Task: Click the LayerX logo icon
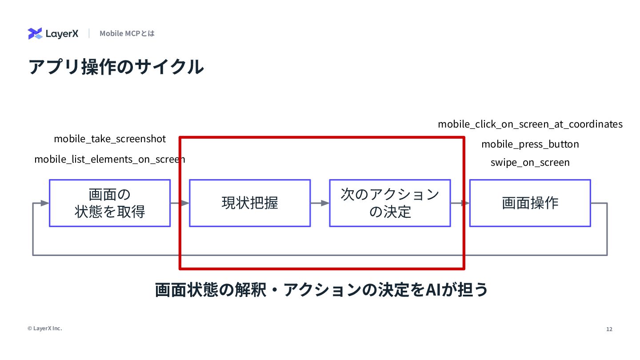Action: (35, 33)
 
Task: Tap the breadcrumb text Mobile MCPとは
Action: (127, 33)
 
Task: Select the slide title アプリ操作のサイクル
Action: (116, 67)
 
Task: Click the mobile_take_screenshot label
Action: (110, 139)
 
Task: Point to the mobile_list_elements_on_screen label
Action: (110, 159)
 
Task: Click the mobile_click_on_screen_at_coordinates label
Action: (530, 124)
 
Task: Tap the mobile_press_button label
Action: (530, 144)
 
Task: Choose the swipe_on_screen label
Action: (530, 162)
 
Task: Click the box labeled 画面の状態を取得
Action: (110, 203)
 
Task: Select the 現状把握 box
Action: (250, 203)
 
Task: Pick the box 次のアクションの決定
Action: (390, 203)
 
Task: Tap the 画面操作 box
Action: (530, 203)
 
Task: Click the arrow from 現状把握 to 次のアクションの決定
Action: (320, 203)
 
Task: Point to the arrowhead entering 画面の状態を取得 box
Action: (44, 203)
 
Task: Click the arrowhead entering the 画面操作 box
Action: (465, 203)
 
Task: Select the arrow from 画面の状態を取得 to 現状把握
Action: (180, 203)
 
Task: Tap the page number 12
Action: (609, 329)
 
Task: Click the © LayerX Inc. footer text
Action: (45, 328)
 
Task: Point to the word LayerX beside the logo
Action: (62, 34)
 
